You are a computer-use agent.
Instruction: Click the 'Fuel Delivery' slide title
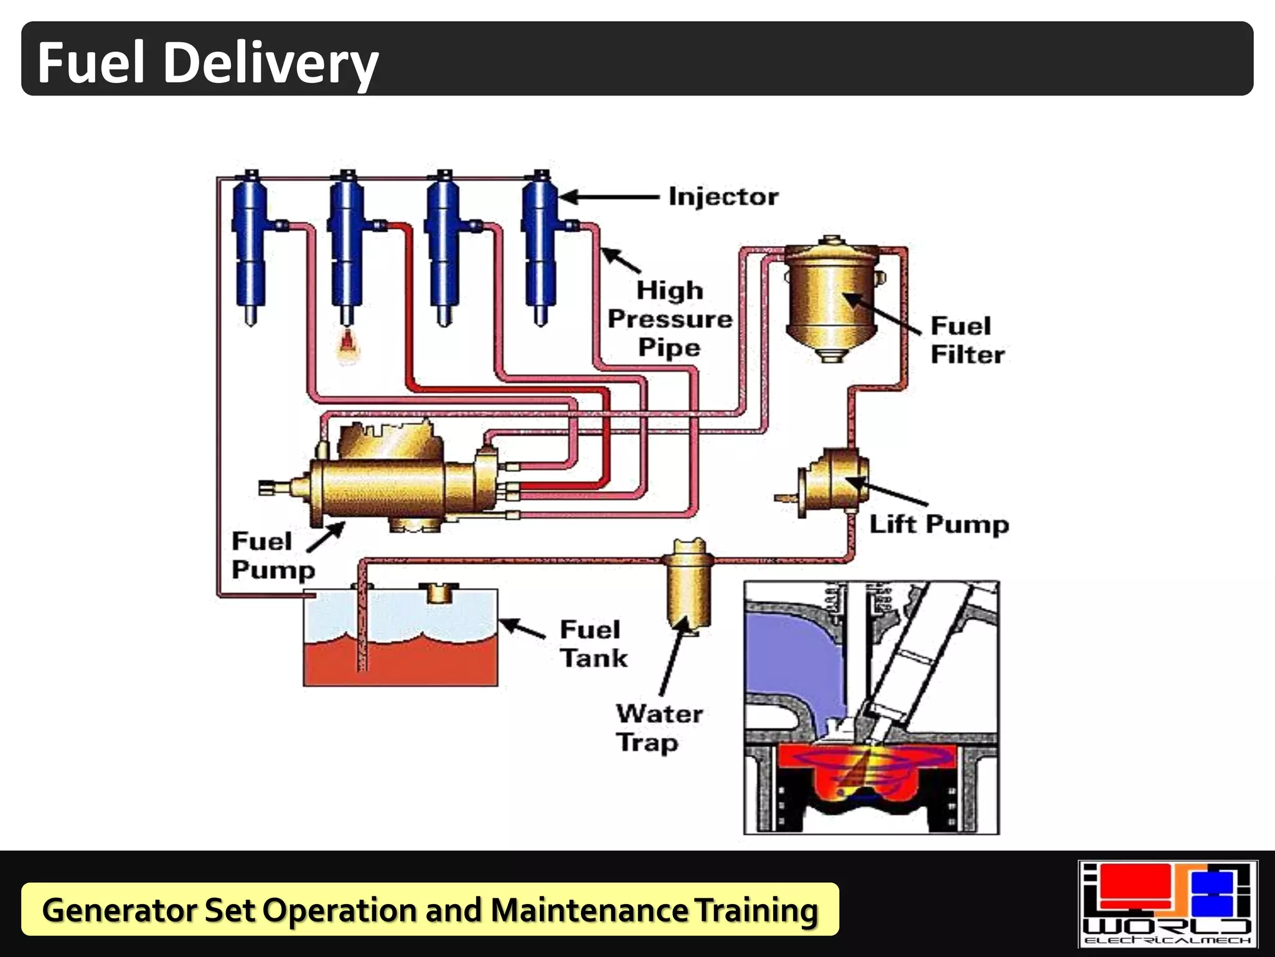point(208,62)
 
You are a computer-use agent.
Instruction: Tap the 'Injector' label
point(723,197)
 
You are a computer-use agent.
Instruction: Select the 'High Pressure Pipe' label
point(670,319)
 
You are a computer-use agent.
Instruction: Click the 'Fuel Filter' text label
point(967,340)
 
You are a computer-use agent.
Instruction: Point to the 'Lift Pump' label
point(939,524)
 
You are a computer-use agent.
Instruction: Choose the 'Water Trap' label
point(659,728)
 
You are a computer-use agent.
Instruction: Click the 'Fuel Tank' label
point(593,644)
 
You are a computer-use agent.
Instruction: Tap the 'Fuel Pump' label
point(273,555)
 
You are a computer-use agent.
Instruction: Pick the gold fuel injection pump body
point(386,486)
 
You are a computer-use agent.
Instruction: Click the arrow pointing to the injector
point(610,197)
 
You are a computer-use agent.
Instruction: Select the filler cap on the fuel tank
point(438,593)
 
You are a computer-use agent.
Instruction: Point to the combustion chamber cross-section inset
point(872,708)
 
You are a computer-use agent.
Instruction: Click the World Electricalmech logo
point(1167,903)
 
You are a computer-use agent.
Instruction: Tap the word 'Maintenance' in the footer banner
point(589,910)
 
